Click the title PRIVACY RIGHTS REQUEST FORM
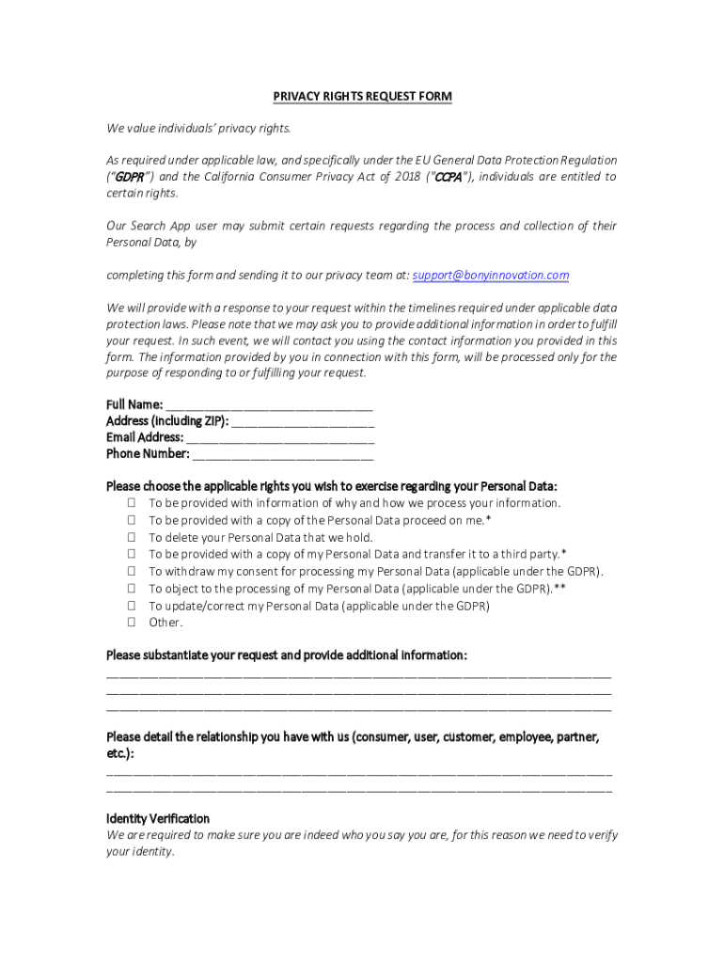point(362,96)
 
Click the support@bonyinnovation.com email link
point(491,276)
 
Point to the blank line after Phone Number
point(283,455)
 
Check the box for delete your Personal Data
point(132,538)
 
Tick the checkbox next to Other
point(132,623)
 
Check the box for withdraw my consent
point(132,572)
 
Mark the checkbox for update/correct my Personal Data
point(132,606)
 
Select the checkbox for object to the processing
point(132,589)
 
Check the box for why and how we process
point(132,504)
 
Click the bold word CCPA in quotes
point(447,177)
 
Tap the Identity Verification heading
point(158,819)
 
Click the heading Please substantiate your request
point(286,655)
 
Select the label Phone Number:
point(148,454)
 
